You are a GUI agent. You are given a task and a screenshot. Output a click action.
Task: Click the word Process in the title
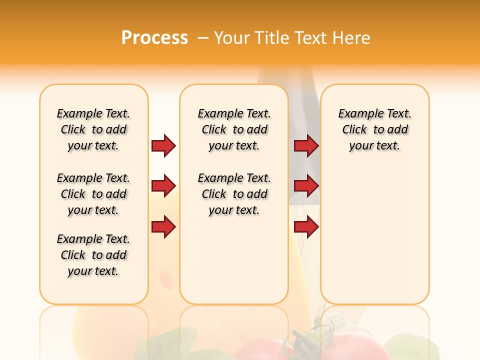(154, 37)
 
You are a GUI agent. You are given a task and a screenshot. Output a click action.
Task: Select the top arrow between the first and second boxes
(163, 145)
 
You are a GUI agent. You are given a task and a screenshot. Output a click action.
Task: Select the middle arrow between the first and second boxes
(163, 186)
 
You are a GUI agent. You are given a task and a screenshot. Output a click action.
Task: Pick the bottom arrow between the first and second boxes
(163, 227)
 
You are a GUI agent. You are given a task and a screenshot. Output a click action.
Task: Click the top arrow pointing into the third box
(306, 145)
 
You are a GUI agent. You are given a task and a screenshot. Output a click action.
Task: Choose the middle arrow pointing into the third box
(306, 186)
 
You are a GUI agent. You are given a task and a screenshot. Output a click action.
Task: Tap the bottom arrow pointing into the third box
(306, 227)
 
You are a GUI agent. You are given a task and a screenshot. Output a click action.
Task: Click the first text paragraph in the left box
(93, 129)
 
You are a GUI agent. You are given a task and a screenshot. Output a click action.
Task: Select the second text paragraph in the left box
(93, 194)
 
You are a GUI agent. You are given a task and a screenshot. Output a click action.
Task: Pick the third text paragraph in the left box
(93, 255)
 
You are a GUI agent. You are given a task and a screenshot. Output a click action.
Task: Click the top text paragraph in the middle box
(234, 129)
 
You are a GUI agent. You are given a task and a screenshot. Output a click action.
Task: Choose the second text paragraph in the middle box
(234, 194)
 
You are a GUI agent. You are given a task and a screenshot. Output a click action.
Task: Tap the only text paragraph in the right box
(374, 129)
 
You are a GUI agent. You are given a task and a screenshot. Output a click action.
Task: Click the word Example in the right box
(357, 114)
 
